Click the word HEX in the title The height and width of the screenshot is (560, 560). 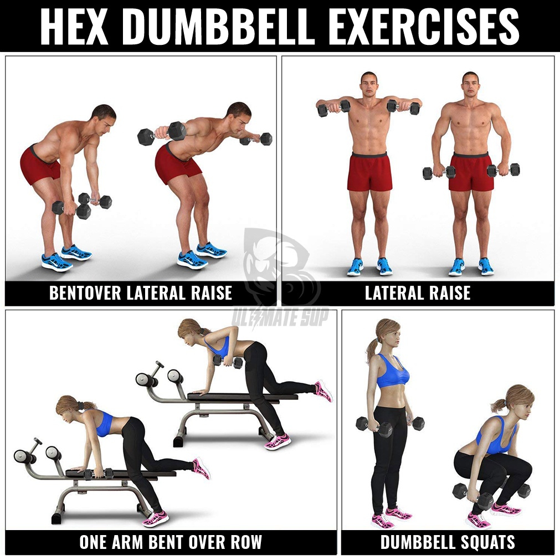[x=74, y=27]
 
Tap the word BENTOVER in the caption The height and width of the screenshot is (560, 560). [x=85, y=293]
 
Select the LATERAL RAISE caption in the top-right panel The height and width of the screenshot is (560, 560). [x=418, y=293]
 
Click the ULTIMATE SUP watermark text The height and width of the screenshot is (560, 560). [x=280, y=317]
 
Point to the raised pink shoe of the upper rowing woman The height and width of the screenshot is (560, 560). [x=323, y=391]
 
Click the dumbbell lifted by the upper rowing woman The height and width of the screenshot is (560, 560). [x=228, y=362]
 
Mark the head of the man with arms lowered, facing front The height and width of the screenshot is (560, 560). [x=470, y=85]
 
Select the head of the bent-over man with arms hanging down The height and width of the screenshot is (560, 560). [x=104, y=119]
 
